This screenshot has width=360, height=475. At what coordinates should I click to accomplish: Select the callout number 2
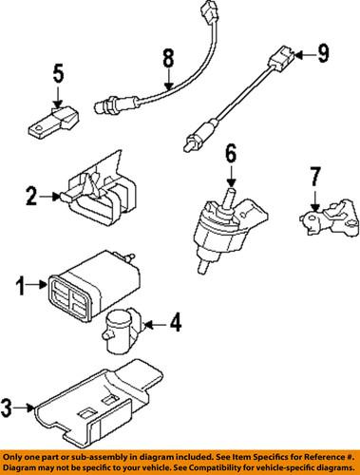[x=32, y=197]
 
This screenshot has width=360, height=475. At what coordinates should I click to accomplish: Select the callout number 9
[x=322, y=54]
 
